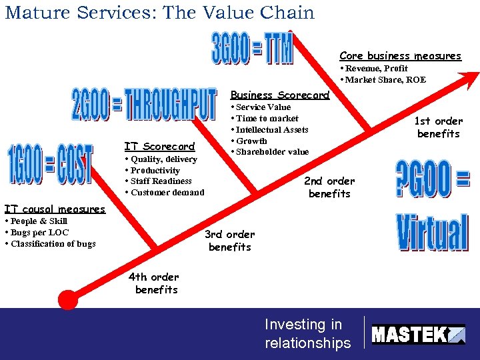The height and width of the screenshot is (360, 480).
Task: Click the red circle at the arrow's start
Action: [68, 299]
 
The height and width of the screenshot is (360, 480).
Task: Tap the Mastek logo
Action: [418, 333]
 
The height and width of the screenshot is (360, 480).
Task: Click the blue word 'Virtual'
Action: [432, 232]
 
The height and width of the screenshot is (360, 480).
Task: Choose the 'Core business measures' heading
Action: [400, 56]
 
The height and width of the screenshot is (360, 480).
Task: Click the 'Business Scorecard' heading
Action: [279, 95]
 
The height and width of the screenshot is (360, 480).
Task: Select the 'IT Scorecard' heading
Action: [159, 147]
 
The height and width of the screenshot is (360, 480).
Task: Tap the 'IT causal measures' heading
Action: [55, 209]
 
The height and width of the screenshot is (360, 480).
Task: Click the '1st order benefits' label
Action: [438, 127]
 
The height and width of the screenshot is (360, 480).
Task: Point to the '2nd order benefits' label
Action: [329, 187]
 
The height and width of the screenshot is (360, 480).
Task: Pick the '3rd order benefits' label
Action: [229, 241]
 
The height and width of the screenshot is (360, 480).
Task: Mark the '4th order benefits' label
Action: [154, 283]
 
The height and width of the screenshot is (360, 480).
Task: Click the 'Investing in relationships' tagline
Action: [307, 333]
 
